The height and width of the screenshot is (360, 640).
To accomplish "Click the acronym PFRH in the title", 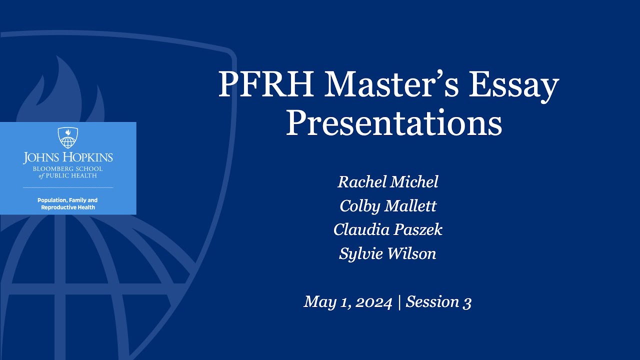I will tap(266, 85).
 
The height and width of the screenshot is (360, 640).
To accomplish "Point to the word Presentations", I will tap(393, 123).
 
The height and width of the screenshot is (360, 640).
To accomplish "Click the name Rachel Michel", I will tap(388, 182).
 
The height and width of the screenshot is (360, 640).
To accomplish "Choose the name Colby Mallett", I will tap(388, 206).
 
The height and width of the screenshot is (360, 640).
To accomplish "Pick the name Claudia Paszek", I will tap(388, 230).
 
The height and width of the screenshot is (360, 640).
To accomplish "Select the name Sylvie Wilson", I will tap(388, 254).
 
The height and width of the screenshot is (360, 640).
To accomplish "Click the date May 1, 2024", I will tap(347, 302).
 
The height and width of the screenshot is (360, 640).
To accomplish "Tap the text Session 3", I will tap(438, 302).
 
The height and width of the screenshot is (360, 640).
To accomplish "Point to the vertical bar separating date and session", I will tap(399, 302).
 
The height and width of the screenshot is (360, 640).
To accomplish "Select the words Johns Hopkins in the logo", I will tap(68, 157).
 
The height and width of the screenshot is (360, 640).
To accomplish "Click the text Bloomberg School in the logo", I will tap(68, 169).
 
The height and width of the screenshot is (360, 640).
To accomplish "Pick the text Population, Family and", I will tap(67, 200).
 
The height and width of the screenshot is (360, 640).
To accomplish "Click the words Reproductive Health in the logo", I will tap(68, 207).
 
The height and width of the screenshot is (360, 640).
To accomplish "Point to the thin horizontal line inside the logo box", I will tap(68, 187).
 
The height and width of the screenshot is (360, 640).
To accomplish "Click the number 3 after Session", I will tap(467, 302).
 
